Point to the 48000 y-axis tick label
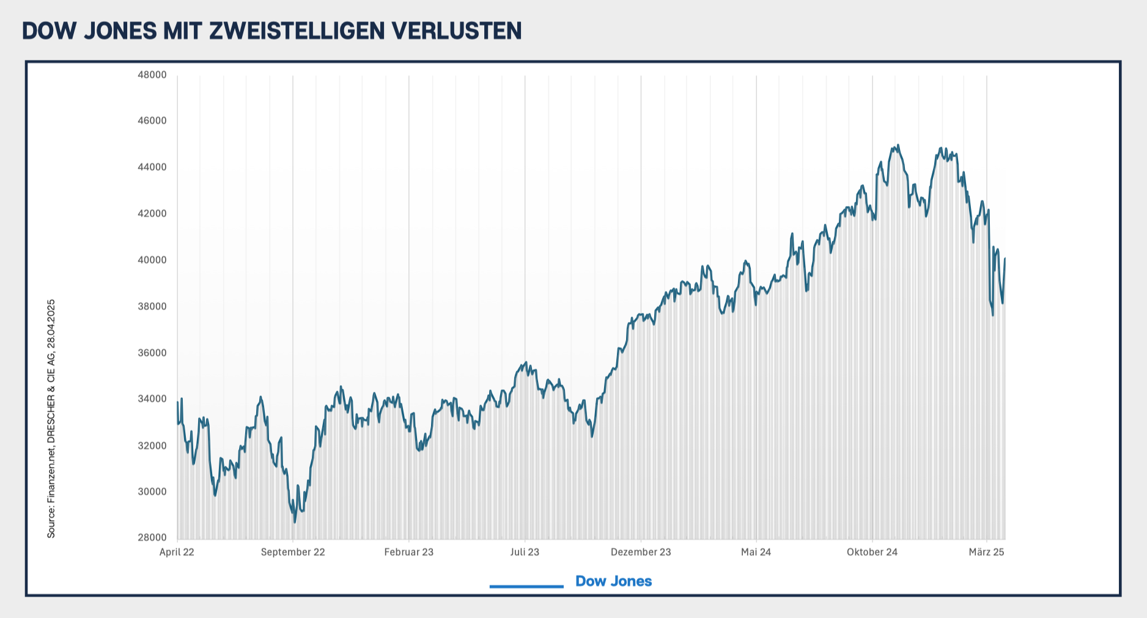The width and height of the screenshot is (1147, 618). (152, 75)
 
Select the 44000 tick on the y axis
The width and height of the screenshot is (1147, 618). (152, 167)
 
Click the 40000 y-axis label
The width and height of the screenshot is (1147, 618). (152, 260)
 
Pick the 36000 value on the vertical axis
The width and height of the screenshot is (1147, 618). (152, 353)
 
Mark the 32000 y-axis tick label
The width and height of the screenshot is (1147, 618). (152, 446)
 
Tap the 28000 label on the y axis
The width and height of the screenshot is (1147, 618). (152, 538)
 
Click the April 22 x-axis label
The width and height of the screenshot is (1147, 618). (177, 552)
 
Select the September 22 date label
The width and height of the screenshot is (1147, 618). (293, 552)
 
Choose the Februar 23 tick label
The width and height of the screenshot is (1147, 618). (408, 552)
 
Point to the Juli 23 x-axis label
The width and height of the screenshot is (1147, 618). (525, 552)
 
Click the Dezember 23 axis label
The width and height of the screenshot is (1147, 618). (641, 552)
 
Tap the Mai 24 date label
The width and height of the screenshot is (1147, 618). (756, 552)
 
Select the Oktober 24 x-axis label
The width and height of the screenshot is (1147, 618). (872, 552)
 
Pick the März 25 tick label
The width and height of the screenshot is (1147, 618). (986, 552)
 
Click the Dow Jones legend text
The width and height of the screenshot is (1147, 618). (613, 581)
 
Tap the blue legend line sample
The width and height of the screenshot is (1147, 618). (526, 587)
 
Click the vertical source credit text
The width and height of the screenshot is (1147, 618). (51, 419)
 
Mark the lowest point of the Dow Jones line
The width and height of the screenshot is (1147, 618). (295, 521)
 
